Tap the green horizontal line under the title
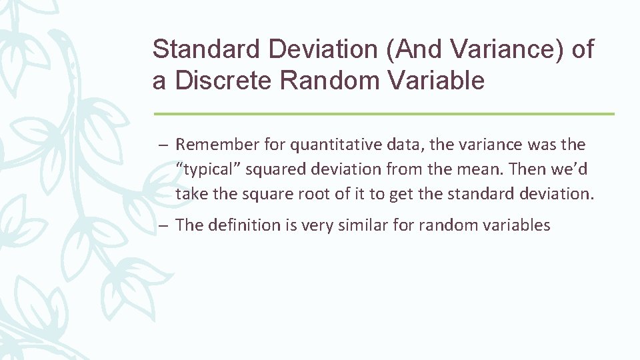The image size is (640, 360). coord(383,114)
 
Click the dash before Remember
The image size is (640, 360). coord(163,145)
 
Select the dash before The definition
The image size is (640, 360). coord(163,226)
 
